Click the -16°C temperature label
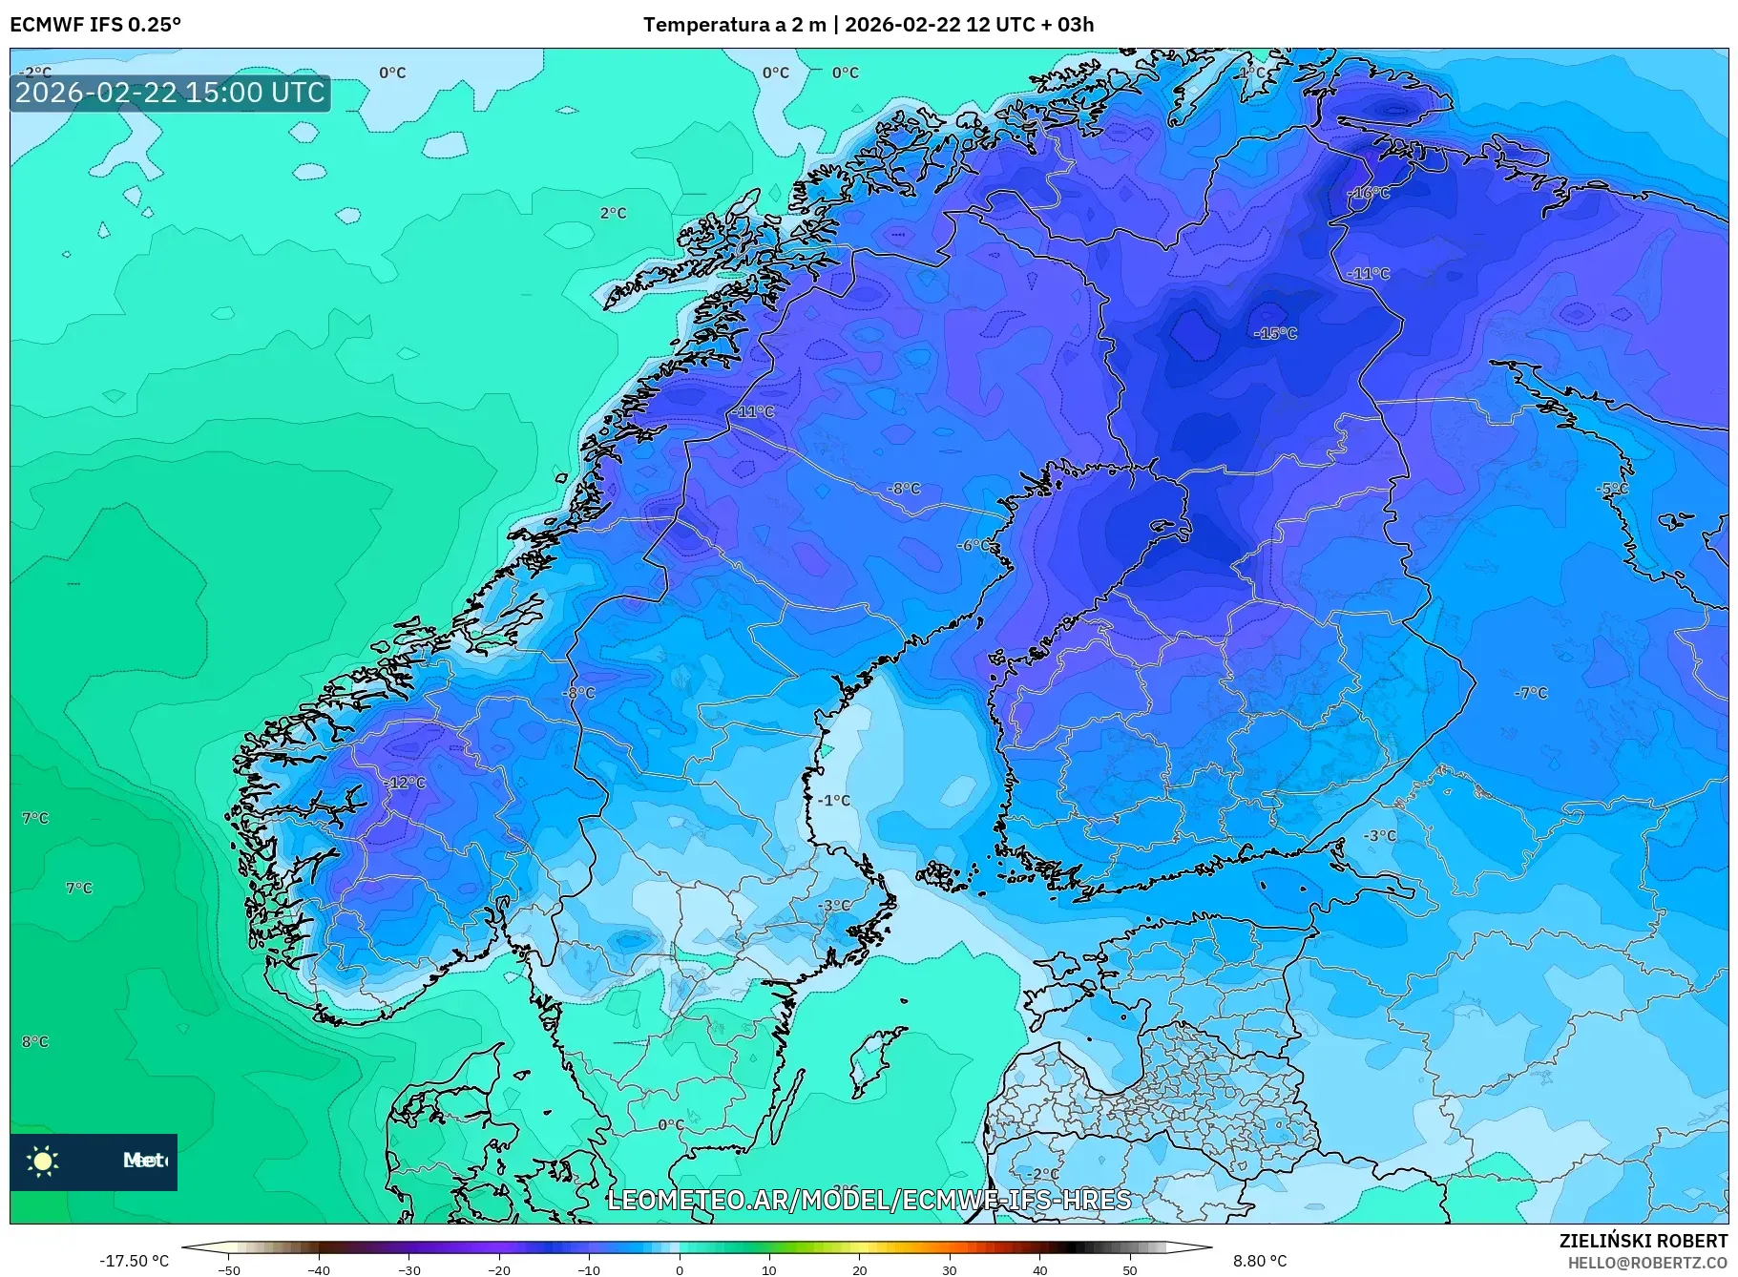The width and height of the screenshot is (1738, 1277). tap(1370, 193)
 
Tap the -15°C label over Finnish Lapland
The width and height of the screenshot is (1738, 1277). tap(1275, 333)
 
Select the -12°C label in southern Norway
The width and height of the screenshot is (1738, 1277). tap(405, 783)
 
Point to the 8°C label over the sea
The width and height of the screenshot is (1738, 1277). tap(35, 1041)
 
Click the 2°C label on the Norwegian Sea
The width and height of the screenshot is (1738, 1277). tap(613, 213)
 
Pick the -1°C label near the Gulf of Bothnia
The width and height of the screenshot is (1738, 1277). tap(834, 800)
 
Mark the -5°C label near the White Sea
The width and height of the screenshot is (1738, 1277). tap(1612, 488)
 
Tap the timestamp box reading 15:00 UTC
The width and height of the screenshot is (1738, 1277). tap(170, 93)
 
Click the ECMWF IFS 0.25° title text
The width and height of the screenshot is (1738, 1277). tap(95, 24)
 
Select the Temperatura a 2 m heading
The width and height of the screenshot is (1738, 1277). tap(734, 24)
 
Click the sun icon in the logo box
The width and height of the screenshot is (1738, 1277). tap(43, 1161)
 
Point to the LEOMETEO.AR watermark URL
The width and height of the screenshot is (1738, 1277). tap(869, 1200)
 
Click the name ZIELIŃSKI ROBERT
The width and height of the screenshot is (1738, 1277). tap(1643, 1241)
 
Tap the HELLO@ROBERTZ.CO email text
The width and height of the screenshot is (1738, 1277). tap(1647, 1263)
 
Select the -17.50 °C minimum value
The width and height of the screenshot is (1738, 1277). tap(134, 1261)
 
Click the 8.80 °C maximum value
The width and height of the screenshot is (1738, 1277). tap(1259, 1261)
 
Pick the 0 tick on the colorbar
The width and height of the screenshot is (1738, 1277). tap(680, 1269)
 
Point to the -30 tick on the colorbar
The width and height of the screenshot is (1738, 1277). tap(408, 1269)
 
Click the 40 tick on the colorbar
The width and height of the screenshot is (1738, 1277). tap(1039, 1269)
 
